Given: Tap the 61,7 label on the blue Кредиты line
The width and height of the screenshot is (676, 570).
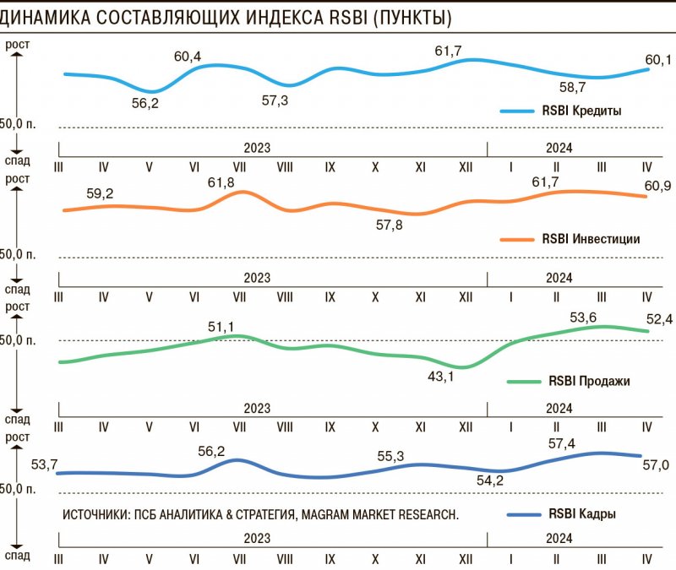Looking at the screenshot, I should pyautogui.click(x=448, y=52).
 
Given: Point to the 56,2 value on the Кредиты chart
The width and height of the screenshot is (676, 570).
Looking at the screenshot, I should pyautogui.click(x=145, y=103).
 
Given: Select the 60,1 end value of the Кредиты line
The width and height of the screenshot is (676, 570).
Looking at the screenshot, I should pyautogui.click(x=657, y=59).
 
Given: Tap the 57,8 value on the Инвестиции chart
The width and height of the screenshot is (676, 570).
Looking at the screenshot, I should pyautogui.click(x=390, y=225).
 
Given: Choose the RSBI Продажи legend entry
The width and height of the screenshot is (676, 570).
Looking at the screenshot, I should pyautogui.click(x=589, y=381).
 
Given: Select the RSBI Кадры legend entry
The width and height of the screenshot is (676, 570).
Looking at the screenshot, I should pyautogui.click(x=582, y=513).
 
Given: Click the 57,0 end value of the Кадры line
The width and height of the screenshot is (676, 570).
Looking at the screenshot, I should pyautogui.click(x=657, y=464).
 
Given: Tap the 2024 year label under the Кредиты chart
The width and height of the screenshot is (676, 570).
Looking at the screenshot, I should pyautogui.click(x=559, y=147).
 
